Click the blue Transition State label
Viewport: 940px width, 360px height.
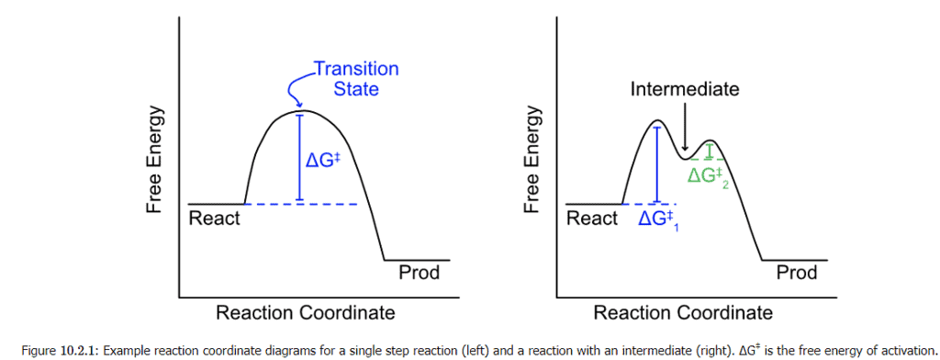[355, 79]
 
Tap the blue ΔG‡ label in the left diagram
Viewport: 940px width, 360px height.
[324, 159]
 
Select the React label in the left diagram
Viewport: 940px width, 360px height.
[214, 219]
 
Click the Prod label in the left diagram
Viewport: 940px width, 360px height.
[419, 273]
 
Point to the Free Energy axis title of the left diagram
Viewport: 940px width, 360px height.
[156, 161]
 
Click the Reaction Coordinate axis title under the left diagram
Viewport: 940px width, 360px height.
[305, 313]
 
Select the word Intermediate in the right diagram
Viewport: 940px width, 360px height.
[685, 89]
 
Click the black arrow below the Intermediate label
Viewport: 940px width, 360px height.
[685, 127]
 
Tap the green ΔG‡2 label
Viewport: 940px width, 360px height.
[709, 174]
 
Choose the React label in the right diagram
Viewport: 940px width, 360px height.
[592, 219]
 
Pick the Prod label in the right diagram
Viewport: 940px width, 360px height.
[796, 273]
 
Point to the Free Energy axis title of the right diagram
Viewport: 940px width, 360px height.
[533, 161]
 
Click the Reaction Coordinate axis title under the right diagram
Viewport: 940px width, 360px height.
[683, 313]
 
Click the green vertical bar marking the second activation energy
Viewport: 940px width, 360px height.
[708, 152]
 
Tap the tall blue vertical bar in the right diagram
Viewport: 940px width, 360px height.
[656, 164]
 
